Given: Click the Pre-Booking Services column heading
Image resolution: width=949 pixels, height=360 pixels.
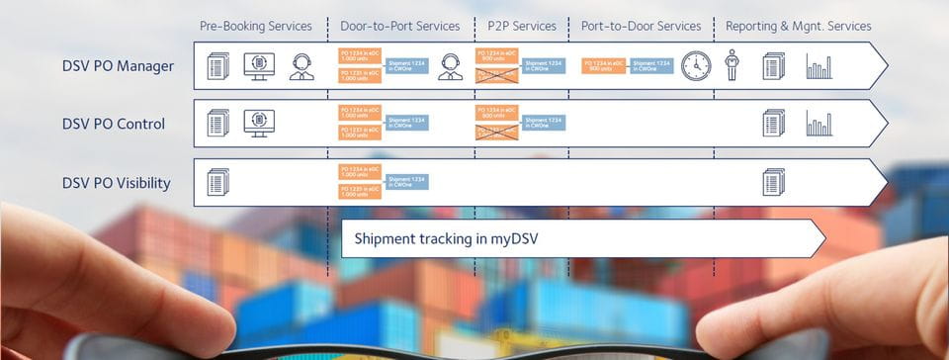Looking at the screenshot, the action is tap(255, 26).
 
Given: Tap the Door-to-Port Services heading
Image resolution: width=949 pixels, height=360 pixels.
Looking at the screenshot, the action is tap(400, 26).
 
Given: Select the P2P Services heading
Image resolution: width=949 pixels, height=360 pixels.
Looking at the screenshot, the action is tap(522, 26).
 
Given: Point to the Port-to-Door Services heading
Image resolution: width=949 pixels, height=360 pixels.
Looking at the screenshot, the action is tap(642, 26).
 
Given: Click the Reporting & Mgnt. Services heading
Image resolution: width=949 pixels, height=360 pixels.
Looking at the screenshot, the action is tap(798, 26).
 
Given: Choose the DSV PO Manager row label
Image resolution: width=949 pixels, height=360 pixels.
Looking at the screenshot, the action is tap(118, 67).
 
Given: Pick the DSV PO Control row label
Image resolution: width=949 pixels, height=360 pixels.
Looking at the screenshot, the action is tap(113, 125).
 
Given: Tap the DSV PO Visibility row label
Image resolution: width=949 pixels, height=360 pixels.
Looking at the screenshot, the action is tap(116, 183).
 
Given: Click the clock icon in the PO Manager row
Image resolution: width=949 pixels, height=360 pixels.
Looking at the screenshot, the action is tap(696, 66).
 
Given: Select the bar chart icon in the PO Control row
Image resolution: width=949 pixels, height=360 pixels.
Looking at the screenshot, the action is tap(819, 124).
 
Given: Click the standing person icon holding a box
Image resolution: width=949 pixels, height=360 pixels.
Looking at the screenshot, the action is tap(733, 65).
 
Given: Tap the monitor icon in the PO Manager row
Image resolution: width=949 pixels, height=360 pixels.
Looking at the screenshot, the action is tap(259, 66).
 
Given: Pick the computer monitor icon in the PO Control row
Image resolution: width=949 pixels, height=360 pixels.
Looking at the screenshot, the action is tap(259, 123).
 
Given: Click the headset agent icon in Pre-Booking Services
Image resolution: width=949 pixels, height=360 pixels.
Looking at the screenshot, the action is tap(302, 66).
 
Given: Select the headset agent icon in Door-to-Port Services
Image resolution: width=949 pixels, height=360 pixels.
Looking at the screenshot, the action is tap(451, 66).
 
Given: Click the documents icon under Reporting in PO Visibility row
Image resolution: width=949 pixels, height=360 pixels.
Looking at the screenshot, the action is tap(773, 182).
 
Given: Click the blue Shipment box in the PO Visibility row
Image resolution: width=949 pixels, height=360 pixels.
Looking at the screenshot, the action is tap(407, 182).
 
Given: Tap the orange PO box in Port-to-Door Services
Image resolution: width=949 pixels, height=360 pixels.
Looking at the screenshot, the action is tap(603, 66).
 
